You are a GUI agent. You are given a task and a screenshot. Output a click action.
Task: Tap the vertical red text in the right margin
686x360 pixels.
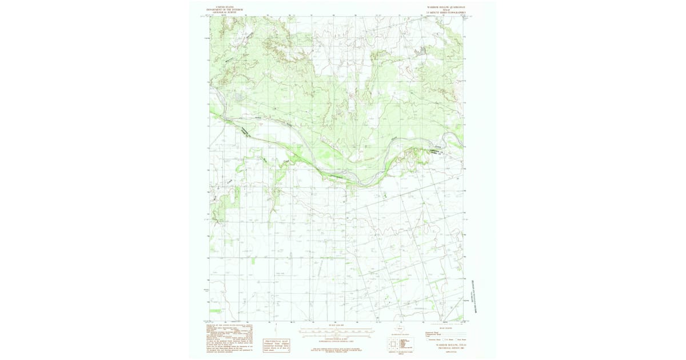click(474, 297)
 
